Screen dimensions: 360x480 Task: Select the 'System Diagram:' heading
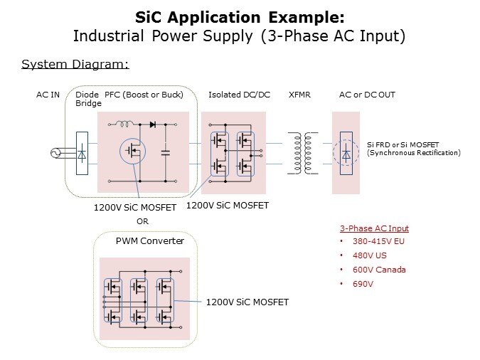(75, 65)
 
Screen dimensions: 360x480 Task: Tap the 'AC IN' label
(48, 95)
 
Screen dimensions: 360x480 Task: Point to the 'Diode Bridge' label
(88, 99)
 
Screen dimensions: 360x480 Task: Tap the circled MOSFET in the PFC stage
(132, 150)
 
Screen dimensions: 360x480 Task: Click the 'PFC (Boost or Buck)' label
(144, 95)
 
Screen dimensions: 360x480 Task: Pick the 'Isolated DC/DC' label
(239, 95)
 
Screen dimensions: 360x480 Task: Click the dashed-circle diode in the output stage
(346, 152)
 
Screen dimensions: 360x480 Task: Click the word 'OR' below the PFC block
(142, 221)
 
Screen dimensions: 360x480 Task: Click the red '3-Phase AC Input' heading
(374, 228)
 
